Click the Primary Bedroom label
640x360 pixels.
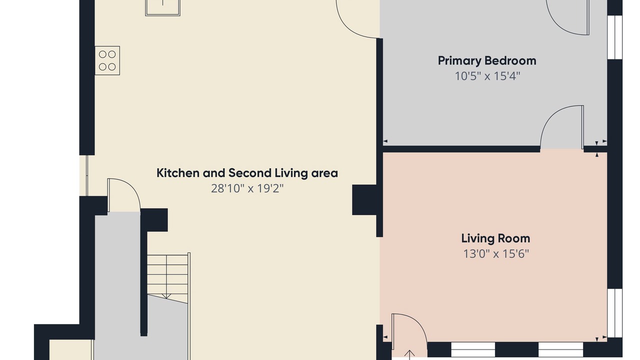tap(487, 61)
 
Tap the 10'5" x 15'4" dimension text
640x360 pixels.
tap(487, 76)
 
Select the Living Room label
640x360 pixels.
tap(495, 238)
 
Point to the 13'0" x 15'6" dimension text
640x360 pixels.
tap(496, 253)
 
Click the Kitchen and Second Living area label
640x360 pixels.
tap(247, 173)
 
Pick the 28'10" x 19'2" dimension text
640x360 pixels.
tap(247, 188)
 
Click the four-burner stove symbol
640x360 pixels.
tap(107, 60)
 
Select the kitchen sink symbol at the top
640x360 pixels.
tap(162, 7)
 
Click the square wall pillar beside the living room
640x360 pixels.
tap(364, 199)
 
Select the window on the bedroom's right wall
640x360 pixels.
tap(614, 37)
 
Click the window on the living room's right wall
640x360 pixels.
tap(614, 313)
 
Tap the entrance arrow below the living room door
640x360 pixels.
tap(409, 355)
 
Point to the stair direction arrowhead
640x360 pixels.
tap(166, 296)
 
